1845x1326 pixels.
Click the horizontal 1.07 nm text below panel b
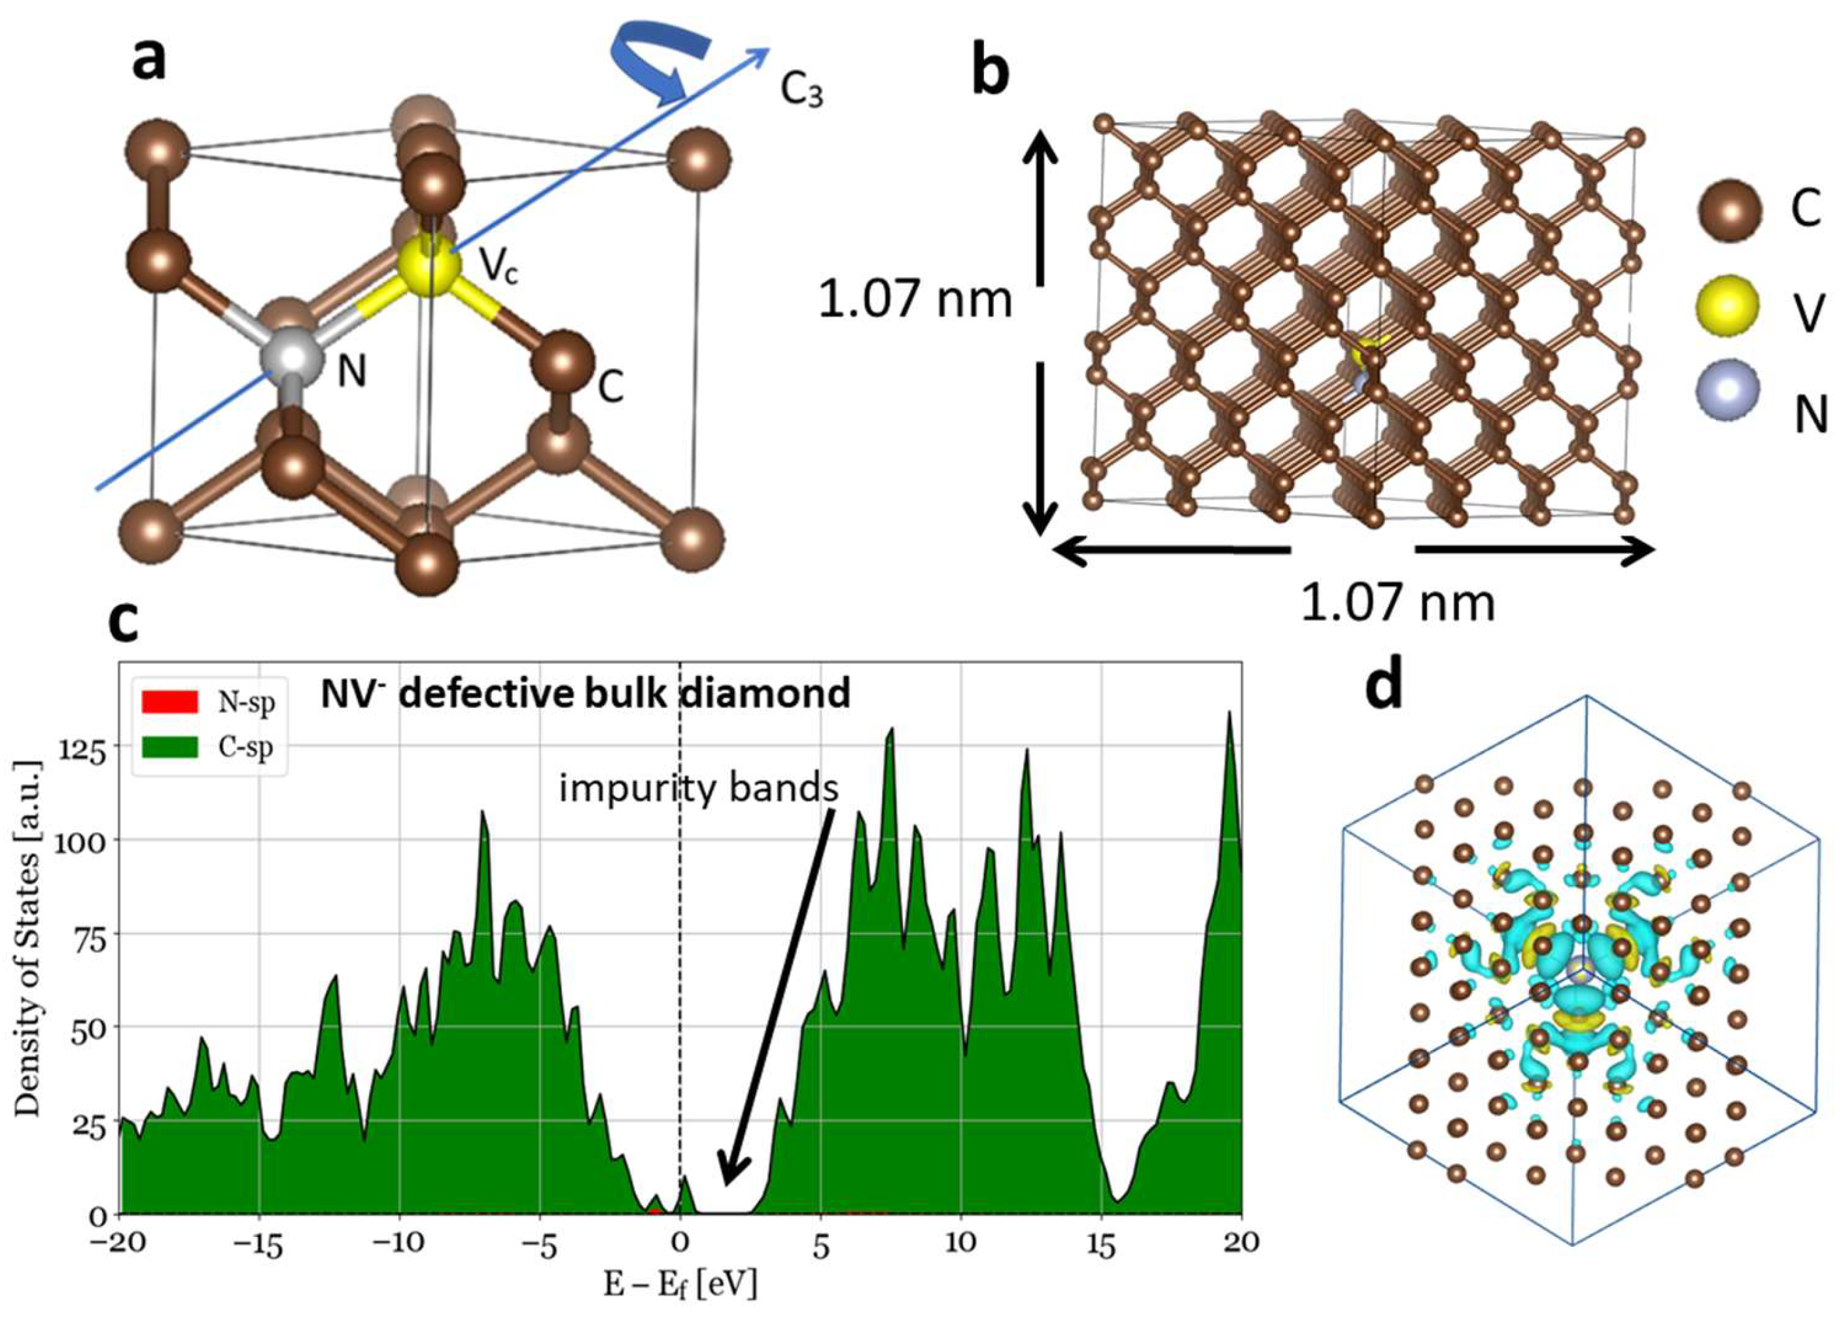[x=1397, y=604]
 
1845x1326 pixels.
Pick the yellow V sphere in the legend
[x=1728, y=307]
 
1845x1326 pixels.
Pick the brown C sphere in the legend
[x=1729, y=210]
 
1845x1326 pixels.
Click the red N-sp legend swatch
[x=169, y=702]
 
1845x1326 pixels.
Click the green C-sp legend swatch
[x=169, y=746]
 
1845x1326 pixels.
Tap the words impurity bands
[x=698, y=788]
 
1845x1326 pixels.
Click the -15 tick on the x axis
[x=258, y=1243]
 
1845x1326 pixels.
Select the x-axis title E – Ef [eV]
[x=679, y=1285]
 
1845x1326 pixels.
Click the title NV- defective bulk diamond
[x=584, y=694]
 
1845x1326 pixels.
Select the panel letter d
[x=1384, y=686]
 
